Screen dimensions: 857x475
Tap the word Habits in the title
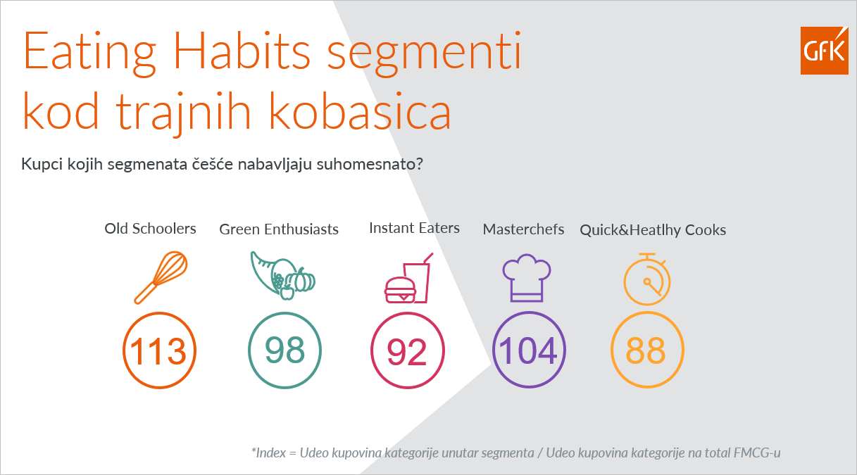pyautogui.click(x=242, y=51)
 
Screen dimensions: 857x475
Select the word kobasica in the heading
pyautogui.click(x=360, y=111)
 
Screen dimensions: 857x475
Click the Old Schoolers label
pyautogui.click(x=151, y=229)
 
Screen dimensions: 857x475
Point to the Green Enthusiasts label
pyautogui.click(x=279, y=229)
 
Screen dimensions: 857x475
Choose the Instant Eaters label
pyautogui.click(x=414, y=228)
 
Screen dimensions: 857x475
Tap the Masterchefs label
pyautogui.click(x=523, y=229)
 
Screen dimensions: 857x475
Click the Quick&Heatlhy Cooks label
pyautogui.click(x=653, y=230)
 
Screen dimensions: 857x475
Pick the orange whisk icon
pyautogui.click(x=161, y=277)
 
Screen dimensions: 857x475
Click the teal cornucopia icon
pyautogui.click(x=283, y=275)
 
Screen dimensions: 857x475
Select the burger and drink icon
pyautogui.click(x=408, y=278)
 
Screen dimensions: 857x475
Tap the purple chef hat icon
pyautogui.click(x=527, y=278)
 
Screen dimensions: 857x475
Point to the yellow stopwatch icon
pyautogui.click(x=647, y=279)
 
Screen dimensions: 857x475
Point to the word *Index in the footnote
pyautogui.click(x=268, y=452)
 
